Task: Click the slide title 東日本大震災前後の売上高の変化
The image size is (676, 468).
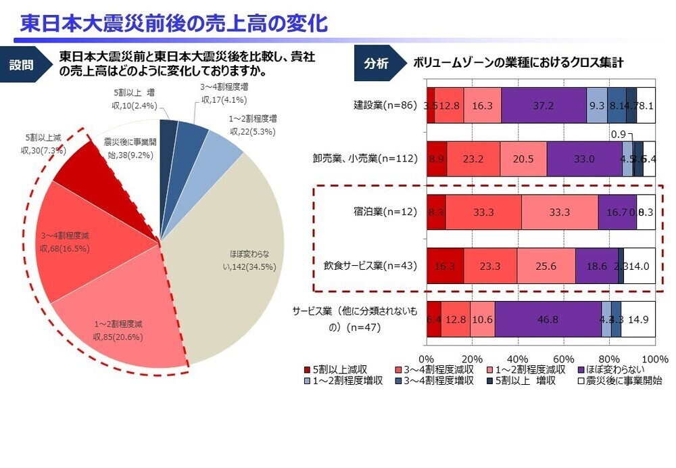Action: (x=174, y=22)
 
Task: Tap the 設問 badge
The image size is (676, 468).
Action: (x=22, y=65)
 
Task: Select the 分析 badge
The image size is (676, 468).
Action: (x=376, y=64)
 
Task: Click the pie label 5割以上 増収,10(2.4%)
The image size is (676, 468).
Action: (x=135, y=100)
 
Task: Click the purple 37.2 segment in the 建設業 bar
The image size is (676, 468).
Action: (x=544, y=105)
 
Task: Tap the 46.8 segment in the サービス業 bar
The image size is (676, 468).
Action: (x=548, y=319)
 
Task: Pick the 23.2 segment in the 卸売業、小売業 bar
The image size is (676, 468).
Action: (x=473, y=159)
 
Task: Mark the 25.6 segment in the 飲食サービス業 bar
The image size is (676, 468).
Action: (x=546, y=266)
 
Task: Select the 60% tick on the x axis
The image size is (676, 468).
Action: (x=564, y=358)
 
